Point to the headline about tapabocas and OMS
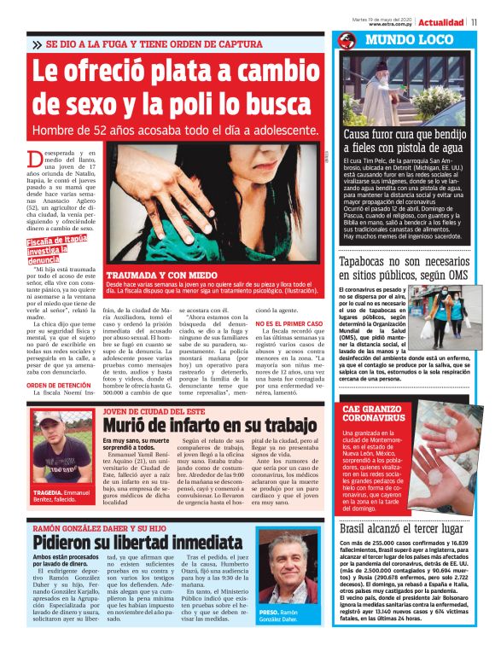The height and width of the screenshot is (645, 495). click(403, 270)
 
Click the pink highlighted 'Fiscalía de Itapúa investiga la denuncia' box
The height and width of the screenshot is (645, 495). click(55, 250)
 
